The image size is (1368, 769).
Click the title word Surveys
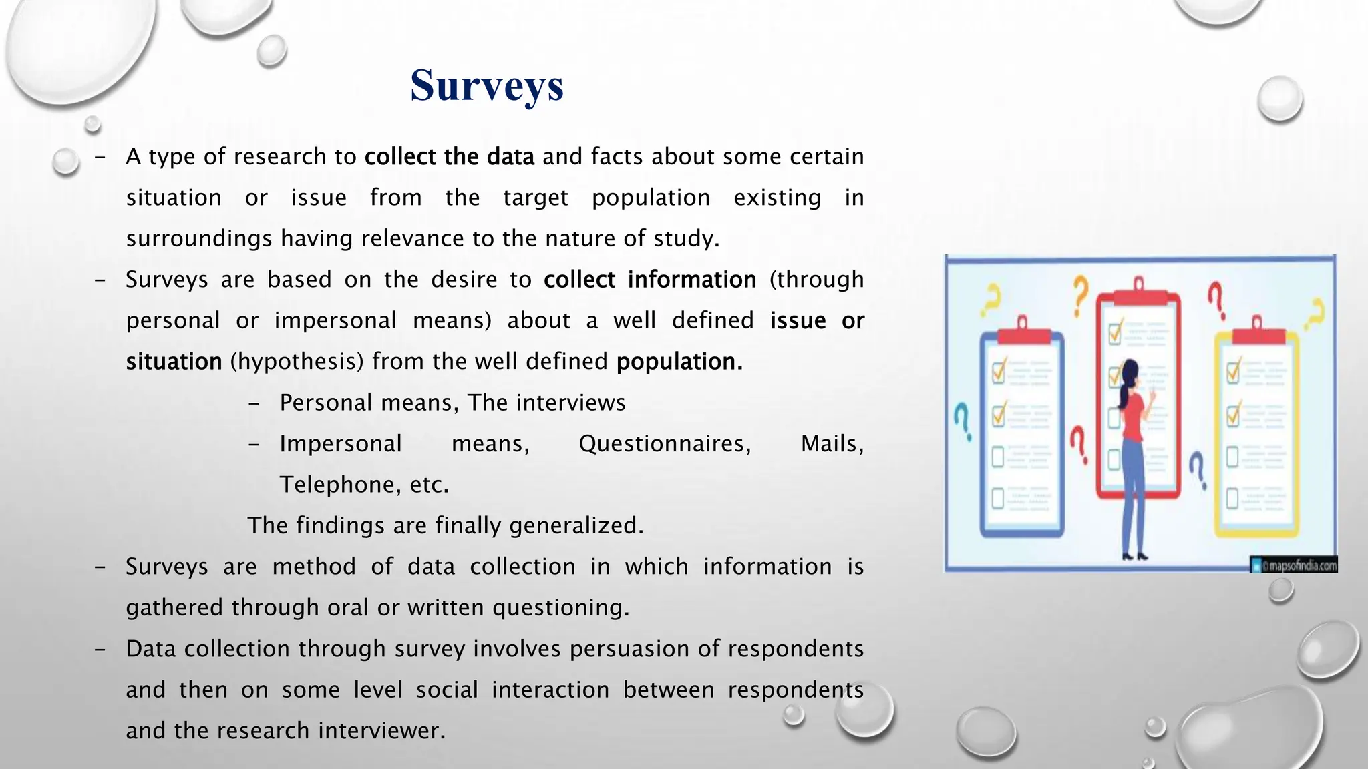pyautogui.click(x=487, y=85)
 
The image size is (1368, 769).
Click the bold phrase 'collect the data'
pyautogui.click(x=449, y=157)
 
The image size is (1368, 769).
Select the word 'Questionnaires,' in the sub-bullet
pyautogui.click(x=665, y=444)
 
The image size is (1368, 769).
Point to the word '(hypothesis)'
pyautogui.click(x=297, y=362)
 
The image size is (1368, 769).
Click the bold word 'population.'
pyautogui.click(x=679, y=362)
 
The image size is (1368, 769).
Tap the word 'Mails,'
pyautogui.click(x=832, y=444)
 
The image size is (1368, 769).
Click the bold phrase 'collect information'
pyautogui.click(x=649, y=280)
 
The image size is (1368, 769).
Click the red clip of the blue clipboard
pyautogui.click(x=1021, y=332)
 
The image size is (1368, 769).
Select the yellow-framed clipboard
pyautogui.click(x=1256, y=434)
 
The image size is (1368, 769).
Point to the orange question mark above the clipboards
pyautogui.click(x=1080, y=295)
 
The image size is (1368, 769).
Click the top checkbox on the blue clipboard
pyautogui.click(x=999, y=370)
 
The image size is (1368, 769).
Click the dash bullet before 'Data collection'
pyautogui.click(x=100, y=649)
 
